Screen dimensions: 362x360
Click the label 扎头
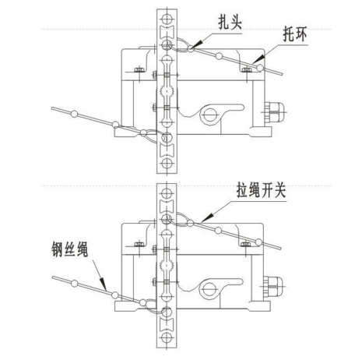[230, 23]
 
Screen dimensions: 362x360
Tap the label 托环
[295, 34]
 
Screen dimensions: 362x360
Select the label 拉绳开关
[261, 190]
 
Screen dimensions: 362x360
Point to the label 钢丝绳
[70, 249]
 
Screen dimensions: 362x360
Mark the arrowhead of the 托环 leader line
[258, 59]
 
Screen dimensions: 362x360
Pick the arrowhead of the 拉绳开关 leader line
[207, 218]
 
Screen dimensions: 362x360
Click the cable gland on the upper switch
[274, 112]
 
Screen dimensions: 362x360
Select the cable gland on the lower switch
[274, 287]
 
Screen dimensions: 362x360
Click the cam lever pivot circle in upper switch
[209, 114]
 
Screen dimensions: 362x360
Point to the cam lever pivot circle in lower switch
[209, 288]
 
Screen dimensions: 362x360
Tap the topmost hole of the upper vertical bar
[167, 19]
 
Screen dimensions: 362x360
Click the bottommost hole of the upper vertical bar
[167, 163]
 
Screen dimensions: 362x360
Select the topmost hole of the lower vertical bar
[167, 193]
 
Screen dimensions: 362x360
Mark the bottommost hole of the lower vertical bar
[167, 337]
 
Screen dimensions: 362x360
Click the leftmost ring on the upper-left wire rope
[75, 114]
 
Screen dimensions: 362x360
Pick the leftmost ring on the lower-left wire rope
[75, 283]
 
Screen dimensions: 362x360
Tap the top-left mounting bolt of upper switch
[139, 69]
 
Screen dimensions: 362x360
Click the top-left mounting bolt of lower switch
[139, 244]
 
